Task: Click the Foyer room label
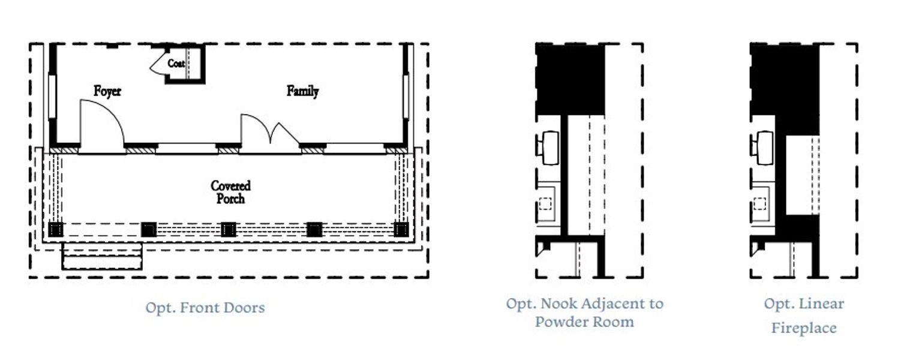tap(107, 91)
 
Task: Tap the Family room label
tap(302, 91)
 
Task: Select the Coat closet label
tap(176, 63)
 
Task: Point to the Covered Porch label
tap(230, 192)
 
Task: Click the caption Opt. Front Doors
tap(205, 308)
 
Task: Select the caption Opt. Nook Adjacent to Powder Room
tap(584, 312)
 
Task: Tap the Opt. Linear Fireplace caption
tap(803, 316)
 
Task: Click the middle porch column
tap(228, 229)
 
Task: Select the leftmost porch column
tap(56, 229)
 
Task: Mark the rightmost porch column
tap(401, 229)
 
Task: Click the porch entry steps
tap(102, 256)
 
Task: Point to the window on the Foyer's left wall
tap(52, 96)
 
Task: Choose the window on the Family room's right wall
tap(406, 96)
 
